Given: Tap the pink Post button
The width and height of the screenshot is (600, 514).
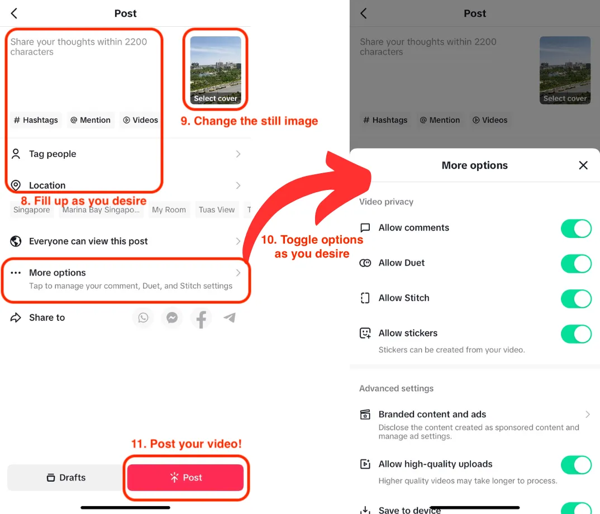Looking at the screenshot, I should click(x=185, y=478).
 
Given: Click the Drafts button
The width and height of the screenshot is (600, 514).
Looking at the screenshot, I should click(x=65, y=478).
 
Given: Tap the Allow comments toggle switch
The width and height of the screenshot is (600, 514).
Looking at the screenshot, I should click(x=576, y=228).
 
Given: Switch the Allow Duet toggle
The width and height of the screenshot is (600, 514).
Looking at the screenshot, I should click(x=576, y=263).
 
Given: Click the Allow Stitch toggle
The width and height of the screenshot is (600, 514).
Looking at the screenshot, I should click(x=576, y=298).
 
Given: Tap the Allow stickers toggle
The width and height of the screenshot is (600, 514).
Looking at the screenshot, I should click(x=576, y=334).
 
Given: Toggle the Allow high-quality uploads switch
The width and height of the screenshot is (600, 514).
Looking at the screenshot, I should click(x=576, y=464).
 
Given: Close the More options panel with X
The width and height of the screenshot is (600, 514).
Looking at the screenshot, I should click(x=583, y=165).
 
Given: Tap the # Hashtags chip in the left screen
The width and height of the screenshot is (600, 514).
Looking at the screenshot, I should click(x=36, y=120).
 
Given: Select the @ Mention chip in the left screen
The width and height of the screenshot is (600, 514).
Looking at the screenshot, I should click(x=91, y=120).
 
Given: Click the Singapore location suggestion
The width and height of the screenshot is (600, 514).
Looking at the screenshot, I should click(x=32, y=210).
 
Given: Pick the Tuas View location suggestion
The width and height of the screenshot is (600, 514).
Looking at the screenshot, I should click(x=217, y=210).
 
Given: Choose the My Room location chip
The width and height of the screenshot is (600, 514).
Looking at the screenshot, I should click(x=169, y=210).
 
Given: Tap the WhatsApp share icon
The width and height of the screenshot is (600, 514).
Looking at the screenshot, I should click(x=144, y=318).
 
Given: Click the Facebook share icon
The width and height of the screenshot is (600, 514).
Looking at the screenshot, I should click(x=201, y=318).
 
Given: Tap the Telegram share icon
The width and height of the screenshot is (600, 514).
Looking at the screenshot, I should click(x=230, y=318).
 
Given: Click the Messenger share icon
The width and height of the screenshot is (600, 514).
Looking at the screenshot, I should click(x=172, y=318).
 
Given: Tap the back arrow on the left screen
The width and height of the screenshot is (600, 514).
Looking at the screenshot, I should click(x=14, y=13).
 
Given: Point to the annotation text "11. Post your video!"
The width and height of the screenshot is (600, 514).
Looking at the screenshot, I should click(x=187, y=444).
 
